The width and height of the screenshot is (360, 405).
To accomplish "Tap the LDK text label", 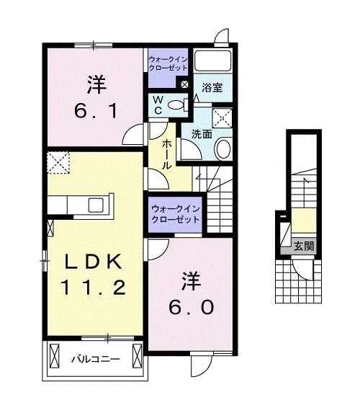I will click(x=94, y=262).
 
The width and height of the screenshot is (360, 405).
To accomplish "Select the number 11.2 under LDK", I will click(x=94, y=288).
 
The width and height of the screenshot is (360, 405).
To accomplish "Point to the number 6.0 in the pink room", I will click(x=190, y=307).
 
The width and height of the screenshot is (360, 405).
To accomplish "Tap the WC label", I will click(x=158, y=105).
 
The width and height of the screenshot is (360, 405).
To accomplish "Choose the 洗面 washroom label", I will click(x=202, y=133).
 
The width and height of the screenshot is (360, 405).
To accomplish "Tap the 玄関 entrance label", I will click(x=303, y=246).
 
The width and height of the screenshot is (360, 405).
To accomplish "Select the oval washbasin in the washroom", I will click(x=223, y=149).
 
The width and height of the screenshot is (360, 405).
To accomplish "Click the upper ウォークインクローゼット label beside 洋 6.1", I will click(x=168, y=63).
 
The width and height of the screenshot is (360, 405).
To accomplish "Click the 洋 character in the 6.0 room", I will click(x=190, y=278).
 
